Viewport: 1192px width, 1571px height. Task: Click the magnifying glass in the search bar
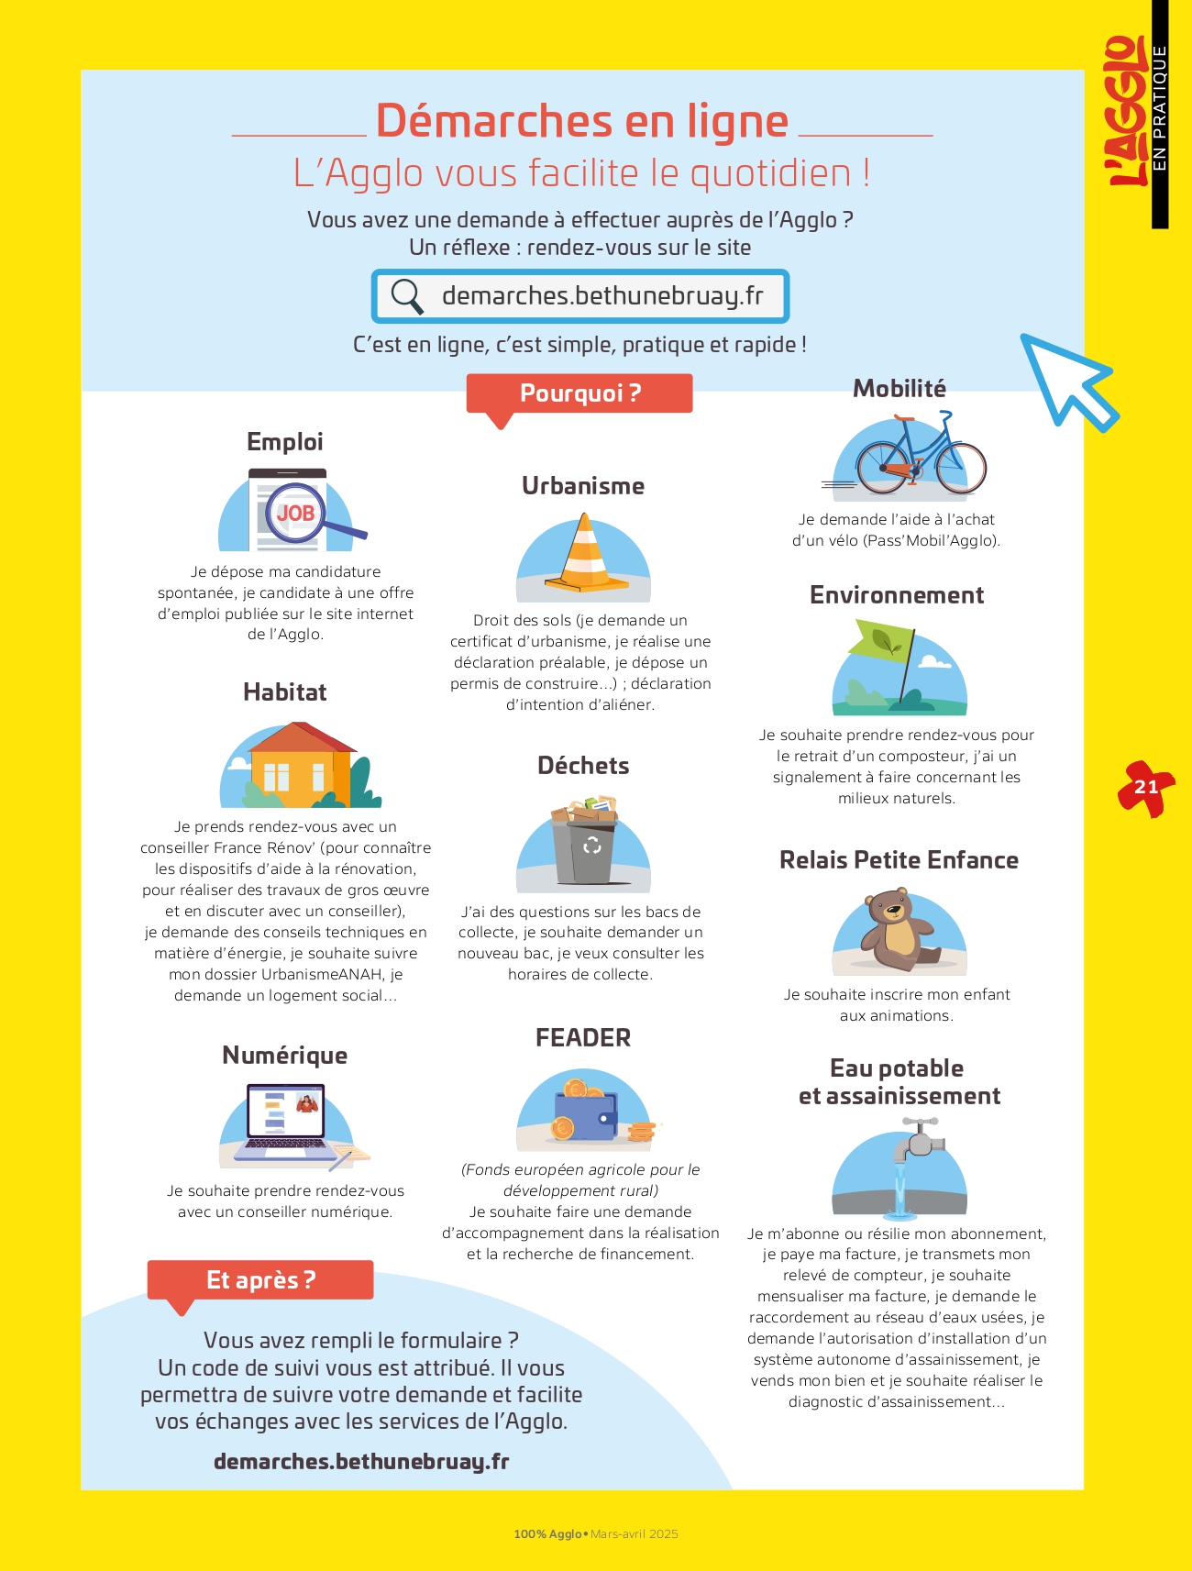coord(406,296)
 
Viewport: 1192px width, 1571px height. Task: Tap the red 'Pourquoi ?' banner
coord(579,393)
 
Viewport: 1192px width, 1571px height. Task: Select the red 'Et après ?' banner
coord(260,1279)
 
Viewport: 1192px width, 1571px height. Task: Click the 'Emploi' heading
coord(285,442)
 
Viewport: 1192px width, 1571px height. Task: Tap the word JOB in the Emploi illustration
coord(295,514)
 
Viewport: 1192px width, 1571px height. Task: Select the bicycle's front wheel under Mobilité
coord(960,468)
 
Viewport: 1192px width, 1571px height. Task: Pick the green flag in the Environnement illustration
coord(882,641)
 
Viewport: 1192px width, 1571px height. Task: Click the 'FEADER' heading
coord(583,1038)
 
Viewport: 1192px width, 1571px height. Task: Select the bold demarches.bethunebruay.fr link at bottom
coord(361,1462)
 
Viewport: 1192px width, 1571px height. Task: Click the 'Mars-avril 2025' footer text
coord(635,1534)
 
